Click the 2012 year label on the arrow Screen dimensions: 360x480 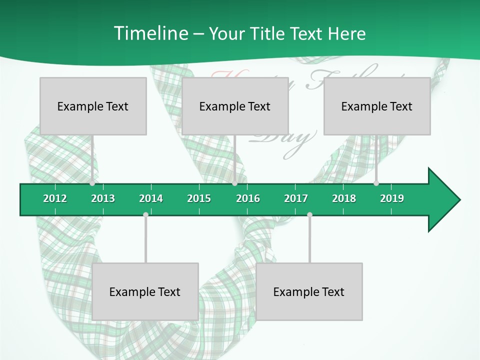point(55,198)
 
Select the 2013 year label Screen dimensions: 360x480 point(103,198)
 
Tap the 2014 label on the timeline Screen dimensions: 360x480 point(151,198)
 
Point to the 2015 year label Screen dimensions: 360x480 point(199,198)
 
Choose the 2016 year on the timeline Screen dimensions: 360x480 point(248,198)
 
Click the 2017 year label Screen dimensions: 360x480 point(296,198)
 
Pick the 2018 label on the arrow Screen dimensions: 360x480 point(344,198)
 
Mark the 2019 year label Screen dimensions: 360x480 point(392,198)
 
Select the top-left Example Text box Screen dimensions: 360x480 point(93,106)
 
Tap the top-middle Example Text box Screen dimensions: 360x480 point(235,106)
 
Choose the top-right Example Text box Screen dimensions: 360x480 point(377,106)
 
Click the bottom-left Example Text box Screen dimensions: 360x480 point(145,292)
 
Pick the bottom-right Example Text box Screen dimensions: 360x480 point(309,292)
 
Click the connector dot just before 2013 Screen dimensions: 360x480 point(92,183)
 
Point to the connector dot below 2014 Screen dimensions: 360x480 point(145,215)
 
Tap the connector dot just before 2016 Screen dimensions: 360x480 point(234,183)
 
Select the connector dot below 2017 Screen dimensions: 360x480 point(309,215)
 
